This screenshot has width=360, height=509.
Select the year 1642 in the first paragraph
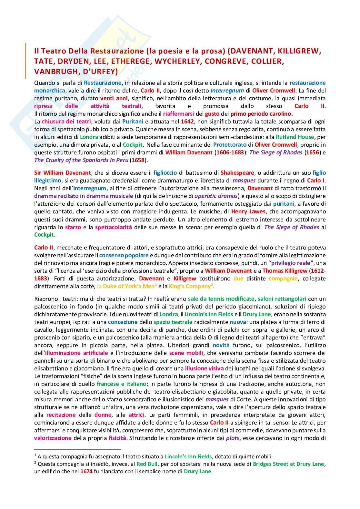click(x=187, y=122)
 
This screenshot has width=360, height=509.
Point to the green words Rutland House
click(x=295, y=137)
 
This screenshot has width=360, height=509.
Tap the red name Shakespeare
click(x=237, y=173)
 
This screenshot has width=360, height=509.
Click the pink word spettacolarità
click(x=113, y=227)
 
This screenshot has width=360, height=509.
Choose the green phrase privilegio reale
click(x=290, y=263)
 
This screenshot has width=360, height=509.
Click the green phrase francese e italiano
click(x=121, y=384)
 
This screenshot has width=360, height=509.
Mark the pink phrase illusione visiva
click(x=204, y=368)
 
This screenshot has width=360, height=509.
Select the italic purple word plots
click(x=233, y=438)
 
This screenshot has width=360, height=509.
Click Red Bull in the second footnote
click(x=147, y=464)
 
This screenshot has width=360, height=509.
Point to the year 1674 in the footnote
click(x=86, y=471)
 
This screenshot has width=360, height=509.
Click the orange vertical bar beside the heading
click(x=25, y=61)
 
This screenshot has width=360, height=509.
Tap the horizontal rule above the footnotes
click(x=77, y=449)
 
